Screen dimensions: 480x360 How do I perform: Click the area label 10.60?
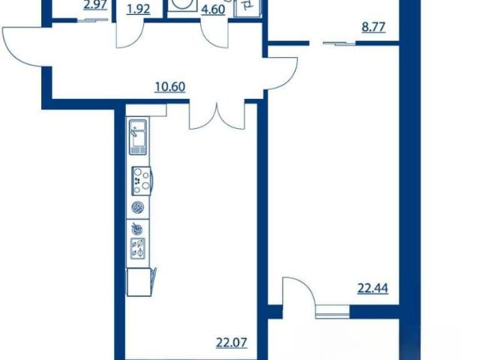click(x=170, y=87)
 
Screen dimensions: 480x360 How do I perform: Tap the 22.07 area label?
click(x=232, y=343)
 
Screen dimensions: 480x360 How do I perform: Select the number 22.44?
click(x=373, y=288)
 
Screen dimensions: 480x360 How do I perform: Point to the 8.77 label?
click(x=373, y=27)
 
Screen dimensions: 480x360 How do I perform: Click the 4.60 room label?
click(x=213, y=10)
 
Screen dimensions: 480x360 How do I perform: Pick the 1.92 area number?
click(x=138, y=10)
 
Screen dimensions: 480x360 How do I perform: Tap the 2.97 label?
click(x=95, y=5)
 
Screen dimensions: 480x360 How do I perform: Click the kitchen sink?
click(x=138, y=137)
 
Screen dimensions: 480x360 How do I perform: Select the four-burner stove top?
click(x=142, y=181)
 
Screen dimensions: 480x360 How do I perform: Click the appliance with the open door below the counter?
click(x=141, y=282)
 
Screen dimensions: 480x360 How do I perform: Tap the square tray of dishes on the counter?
click(x=138, y=248)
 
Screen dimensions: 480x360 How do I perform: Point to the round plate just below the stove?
click(x=138, y=208)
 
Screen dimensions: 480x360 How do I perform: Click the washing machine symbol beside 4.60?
click(x=182, y=5)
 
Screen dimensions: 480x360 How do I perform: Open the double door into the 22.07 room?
click(x=217, y=117)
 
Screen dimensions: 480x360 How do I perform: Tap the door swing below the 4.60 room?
click(x=214, y=35)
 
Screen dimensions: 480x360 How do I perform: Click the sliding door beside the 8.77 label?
click(x=339, y=43)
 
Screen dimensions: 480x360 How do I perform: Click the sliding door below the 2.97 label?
click(x=92, y=20)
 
